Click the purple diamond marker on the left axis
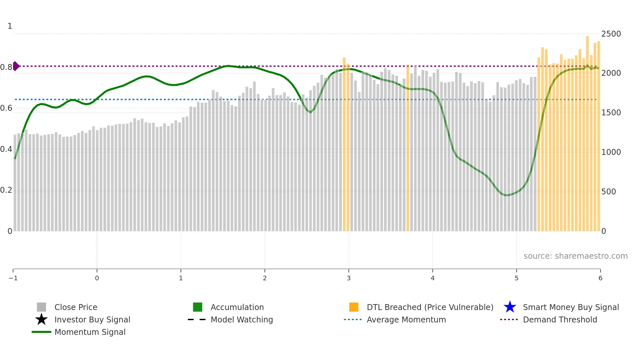pos(16,66)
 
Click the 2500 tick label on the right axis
pos(611,34)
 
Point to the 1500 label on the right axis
pos(611,113)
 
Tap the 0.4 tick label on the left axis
pos(6,149)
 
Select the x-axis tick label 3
pos(349,278)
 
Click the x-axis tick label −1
pos(13,278)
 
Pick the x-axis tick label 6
pos(600,278)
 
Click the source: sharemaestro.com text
pos(575,256)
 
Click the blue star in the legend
pos(510,307)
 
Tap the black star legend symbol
pos(41,319)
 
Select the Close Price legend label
pos(76,307)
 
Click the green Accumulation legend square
pos(198,307)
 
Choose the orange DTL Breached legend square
pos(354,307)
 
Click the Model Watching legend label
pos(242,320)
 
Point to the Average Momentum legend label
pos(406,320)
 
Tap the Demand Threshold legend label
pos(560,320)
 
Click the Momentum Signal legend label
pos(90,332)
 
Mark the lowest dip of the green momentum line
pos(506,195)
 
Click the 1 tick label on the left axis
pos(10,26)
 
